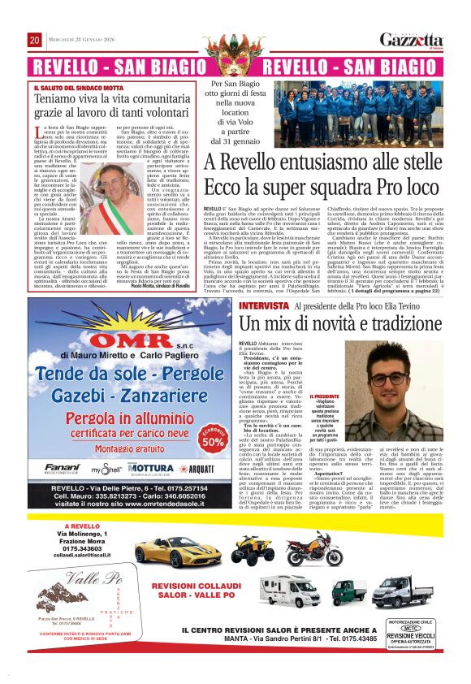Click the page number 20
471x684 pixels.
click(x=35, y=40)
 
